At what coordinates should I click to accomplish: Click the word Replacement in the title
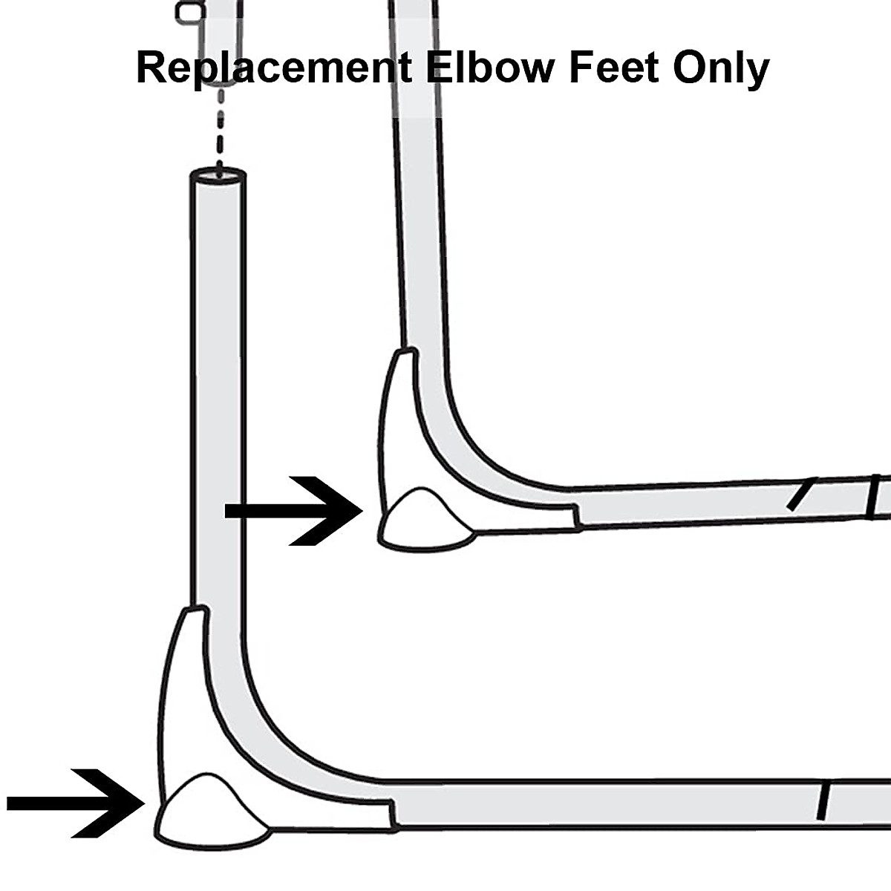tap(273, 68)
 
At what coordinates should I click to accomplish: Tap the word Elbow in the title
tap(490, 68)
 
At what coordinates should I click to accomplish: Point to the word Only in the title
tap(721, 68)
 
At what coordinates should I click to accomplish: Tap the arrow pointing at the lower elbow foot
tap(75, 803)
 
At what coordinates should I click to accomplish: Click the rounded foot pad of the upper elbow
tap(425, 522)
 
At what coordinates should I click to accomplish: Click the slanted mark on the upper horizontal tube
tap(801, 495)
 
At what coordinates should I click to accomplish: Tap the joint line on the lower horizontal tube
tap(823, 801)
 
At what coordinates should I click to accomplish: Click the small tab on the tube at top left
tap(186, 11)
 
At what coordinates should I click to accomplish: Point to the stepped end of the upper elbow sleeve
tap(576, 516)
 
